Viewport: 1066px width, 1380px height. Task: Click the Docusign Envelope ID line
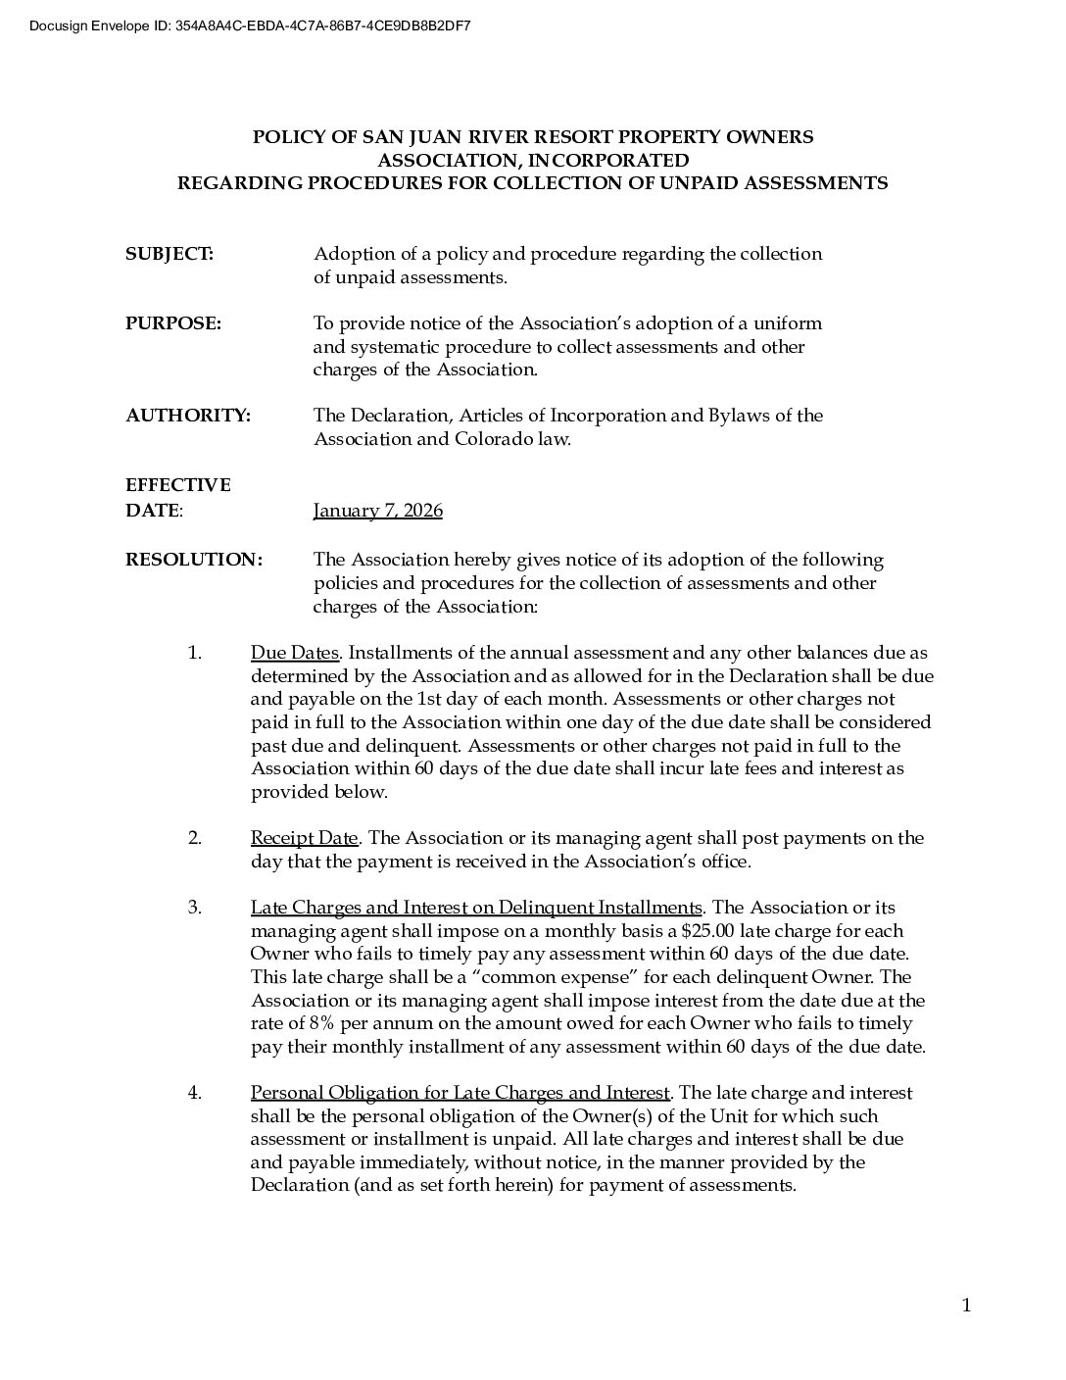click(250, 25)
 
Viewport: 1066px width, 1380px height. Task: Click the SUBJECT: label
click(169, 254)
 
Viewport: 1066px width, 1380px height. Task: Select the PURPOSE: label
click(172, 323)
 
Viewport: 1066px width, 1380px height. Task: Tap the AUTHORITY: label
click(187, 416)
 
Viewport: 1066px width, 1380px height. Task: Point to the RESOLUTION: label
click(193, 560)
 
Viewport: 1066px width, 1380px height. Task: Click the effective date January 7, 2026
click(377, 511)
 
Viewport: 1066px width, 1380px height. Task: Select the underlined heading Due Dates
click(294, 653)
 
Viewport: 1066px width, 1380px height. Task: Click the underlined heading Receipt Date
click(304, 838)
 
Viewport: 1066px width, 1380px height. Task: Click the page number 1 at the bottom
click(966, 1305)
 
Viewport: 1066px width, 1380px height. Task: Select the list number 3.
click(195, 908)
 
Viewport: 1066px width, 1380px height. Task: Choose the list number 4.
click(195, 1093)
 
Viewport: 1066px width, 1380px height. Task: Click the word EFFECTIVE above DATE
click(177, 485)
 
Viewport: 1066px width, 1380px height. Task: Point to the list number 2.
click(195, 838)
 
